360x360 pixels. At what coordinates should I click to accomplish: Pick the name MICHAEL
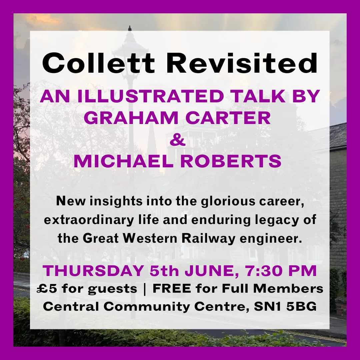pos(124,161)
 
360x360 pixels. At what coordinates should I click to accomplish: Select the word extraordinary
pos(89,220)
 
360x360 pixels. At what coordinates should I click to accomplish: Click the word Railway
pos(208,239)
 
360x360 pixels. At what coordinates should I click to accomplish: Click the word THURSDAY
pos(93,271)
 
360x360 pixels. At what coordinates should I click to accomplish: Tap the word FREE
pos(172,289)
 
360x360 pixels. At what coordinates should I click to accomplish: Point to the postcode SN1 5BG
pos(285,307)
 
